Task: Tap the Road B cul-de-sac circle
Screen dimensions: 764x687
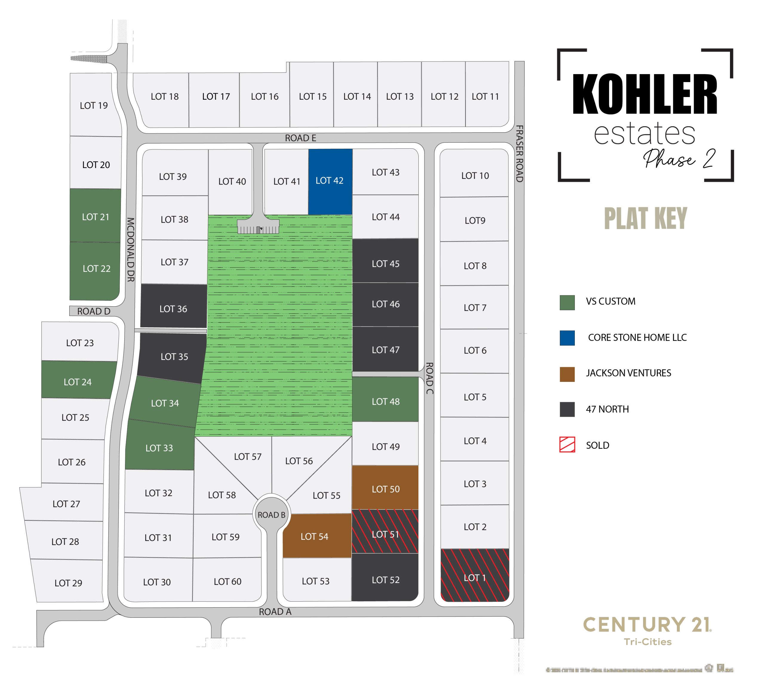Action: [x=271, y=514]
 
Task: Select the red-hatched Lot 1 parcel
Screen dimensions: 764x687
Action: [x=475, y=575]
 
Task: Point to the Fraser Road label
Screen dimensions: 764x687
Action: [x=519, y=154]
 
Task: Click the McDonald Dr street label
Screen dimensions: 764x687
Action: [x=130, y=250]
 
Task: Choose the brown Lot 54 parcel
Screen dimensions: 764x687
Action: [x=317, y=536]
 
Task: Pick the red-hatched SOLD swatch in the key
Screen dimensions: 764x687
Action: [x=567, y=445]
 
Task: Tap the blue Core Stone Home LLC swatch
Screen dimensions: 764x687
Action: [x=567, y=338]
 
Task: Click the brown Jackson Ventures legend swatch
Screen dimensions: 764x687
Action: [x=567, y=374]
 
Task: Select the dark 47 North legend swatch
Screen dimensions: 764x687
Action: [x=567, y=409]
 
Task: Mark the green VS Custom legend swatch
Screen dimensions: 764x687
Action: [x=567, y=302]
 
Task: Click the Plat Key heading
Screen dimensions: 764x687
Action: [x=645, y=218]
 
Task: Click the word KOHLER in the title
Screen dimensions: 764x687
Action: [x=644, y=94]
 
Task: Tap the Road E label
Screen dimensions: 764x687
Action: [x=300, y=138]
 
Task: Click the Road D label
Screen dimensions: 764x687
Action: [x=94, y=311]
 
